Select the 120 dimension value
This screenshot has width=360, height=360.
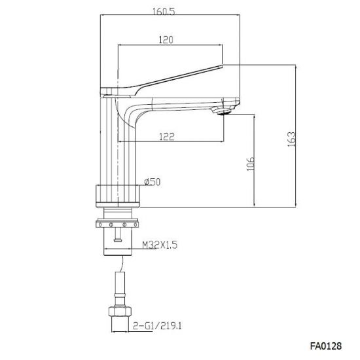click(x=166, y=39)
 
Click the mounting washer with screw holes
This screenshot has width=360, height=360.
click(x=117, y=224)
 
